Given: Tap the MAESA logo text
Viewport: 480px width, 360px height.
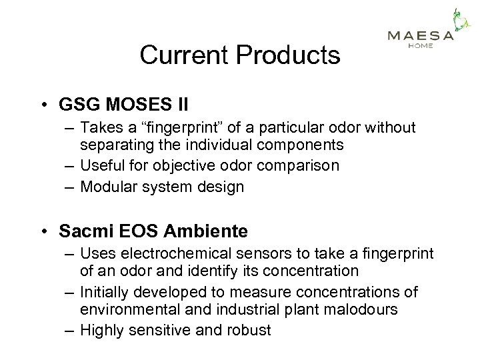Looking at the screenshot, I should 421,35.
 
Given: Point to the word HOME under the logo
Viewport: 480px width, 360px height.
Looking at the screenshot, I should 421,45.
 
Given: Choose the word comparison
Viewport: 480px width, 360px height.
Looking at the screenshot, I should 299,165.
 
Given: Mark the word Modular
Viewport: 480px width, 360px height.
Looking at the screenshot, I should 107,186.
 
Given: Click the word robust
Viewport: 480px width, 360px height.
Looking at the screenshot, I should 249,330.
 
